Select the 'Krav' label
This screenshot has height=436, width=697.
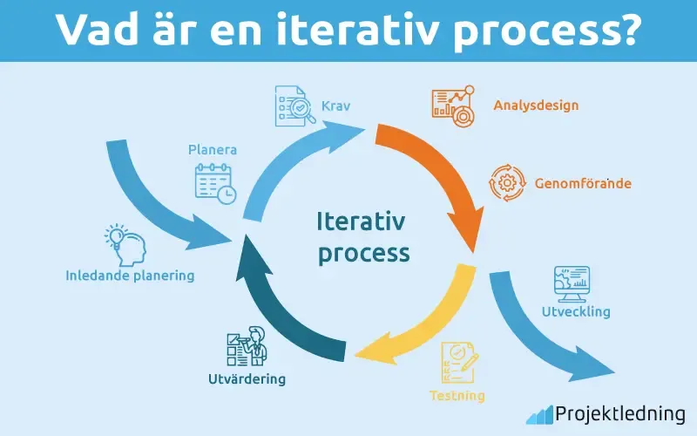[336, 106]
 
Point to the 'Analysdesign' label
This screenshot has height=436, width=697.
[536, 106]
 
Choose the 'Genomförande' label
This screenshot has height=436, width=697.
[571, 184]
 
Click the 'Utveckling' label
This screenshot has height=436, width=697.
[576, 311]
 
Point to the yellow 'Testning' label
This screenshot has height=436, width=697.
[457, 396]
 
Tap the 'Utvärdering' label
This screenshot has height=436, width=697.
[247, 380]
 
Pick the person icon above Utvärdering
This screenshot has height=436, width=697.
[246, 347]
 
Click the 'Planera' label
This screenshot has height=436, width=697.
[213, 150]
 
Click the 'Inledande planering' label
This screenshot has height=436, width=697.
[130, 276]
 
